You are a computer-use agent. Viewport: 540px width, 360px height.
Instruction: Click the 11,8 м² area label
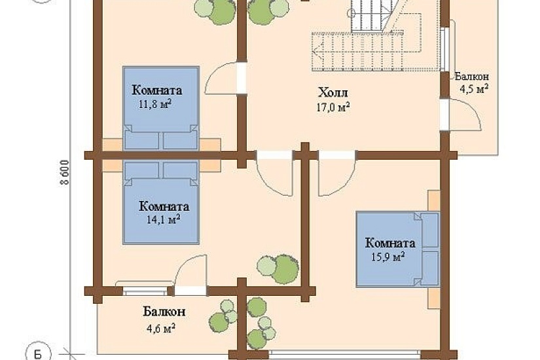tap(155, 103)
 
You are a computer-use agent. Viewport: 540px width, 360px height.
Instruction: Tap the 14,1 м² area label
tap(164, 219)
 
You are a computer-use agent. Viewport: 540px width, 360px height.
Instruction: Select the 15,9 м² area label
tap(387, 257)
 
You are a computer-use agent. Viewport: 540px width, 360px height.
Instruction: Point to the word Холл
tap(333, 93)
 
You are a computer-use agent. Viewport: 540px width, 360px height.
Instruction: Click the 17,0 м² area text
tap(333, 107)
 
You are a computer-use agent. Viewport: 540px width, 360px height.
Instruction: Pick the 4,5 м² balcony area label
tap(475, 89)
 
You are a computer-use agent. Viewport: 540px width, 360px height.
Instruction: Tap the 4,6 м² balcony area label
tap(161, 328)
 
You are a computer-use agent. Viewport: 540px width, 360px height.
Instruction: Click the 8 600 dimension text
tap(65, 172)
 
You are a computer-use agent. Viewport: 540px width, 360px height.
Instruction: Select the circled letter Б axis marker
tap(38, 354)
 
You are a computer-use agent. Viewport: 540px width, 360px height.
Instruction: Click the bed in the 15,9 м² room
tap(398, 249)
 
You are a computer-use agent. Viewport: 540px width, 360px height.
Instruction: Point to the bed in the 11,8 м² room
tap(161, 108)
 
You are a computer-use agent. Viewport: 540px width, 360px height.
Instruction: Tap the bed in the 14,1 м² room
tap(161, 202)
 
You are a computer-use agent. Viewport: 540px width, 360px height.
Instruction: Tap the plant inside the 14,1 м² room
tap(278, 269)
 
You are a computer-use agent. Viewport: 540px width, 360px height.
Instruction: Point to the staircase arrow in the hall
tap(358, 52)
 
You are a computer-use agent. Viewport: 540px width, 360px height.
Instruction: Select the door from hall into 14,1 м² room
tap(275, 174)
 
